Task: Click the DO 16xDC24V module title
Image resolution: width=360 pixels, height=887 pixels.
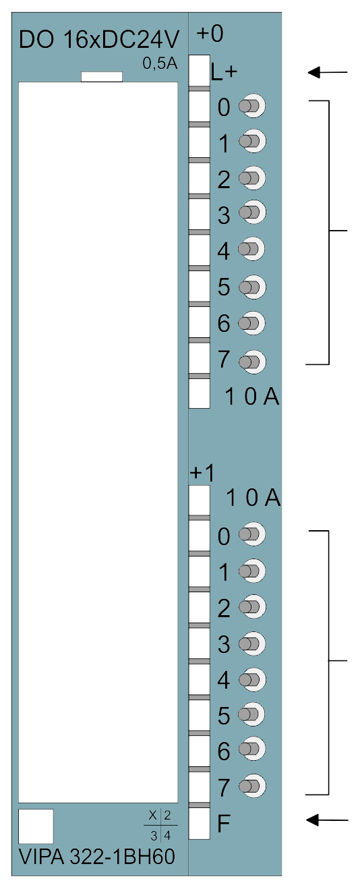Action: coord(99,40)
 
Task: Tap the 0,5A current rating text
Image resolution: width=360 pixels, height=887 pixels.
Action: coord(160,64)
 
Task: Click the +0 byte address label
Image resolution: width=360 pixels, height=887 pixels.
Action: coord(210,33)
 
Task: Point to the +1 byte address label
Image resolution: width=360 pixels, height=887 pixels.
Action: coord(202,473)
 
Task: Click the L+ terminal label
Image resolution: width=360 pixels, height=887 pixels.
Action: coord(224,72)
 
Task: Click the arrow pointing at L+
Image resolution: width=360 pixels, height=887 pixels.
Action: coord(328,72)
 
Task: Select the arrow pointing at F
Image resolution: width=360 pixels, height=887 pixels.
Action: coord(328,820)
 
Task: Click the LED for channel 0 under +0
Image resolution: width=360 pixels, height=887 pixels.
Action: coord(252,106)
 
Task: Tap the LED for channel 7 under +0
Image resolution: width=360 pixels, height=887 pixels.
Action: coord(252,362)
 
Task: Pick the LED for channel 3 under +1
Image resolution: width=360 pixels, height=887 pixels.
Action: coord(252,643)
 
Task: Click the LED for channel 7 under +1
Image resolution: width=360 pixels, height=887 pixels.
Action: coord(252,786)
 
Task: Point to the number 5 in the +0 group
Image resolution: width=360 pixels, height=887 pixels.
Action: coord(224,287)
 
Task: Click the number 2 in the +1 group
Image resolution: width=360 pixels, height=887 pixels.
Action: coord(224,608)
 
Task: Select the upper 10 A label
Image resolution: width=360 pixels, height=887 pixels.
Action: coord(252,397)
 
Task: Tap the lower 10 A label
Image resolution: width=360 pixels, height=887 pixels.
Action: coord(253,498)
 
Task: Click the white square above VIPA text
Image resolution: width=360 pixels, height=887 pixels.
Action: coord(36,826)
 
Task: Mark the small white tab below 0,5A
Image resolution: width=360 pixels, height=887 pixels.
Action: coord(102,77)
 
